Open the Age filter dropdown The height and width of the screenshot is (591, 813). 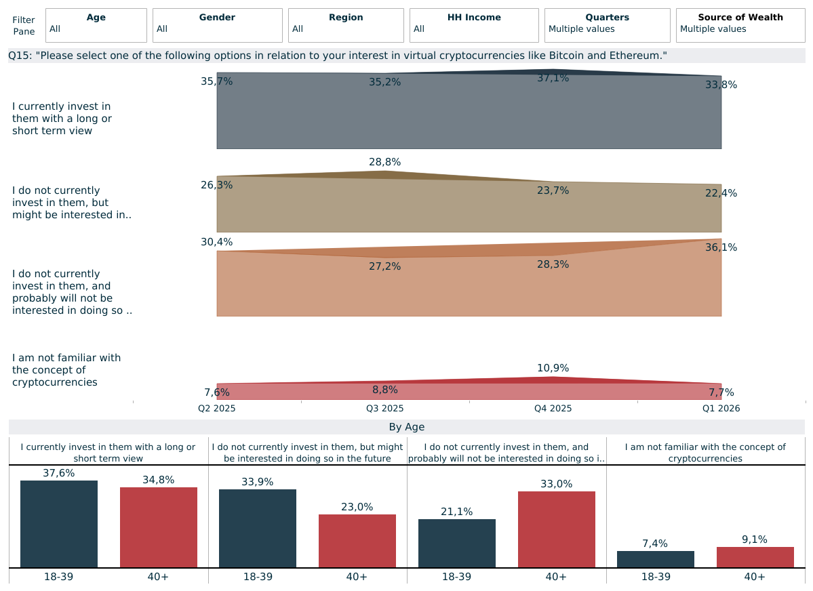click(x=96, y=25)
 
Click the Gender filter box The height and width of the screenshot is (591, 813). click(x=217, y=25)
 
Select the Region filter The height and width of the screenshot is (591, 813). click(x=346, y=25)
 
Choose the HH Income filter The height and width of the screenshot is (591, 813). click(x=474, y=25)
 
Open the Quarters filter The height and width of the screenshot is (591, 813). click(x=607, y=25)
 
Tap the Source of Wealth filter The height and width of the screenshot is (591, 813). click(x=740, y=25)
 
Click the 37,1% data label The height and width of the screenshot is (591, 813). click(x=553, y=79)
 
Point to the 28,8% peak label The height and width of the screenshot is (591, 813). click(x=384, y=162)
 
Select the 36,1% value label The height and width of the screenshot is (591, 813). click(x=721, y=247)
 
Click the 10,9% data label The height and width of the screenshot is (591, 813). click(x=553, y=368)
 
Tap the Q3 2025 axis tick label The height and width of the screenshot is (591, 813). click(x=384, y=409)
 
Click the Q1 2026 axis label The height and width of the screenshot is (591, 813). click(x=721, y=409)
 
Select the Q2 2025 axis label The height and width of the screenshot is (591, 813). click(x=217, y=409)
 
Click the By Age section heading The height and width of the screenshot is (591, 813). click(x=407, y=427)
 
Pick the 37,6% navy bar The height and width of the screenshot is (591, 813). click(x=59, y=524)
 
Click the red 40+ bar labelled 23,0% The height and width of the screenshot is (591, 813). click(x=357, y=541)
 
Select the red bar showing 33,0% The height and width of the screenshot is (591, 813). click(x=556, y=529)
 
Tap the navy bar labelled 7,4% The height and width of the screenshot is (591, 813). click(x=656, y=559)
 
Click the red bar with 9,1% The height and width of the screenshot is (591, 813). click(x=755, y=557)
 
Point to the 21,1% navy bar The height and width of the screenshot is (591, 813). click(x=457, y=544)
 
